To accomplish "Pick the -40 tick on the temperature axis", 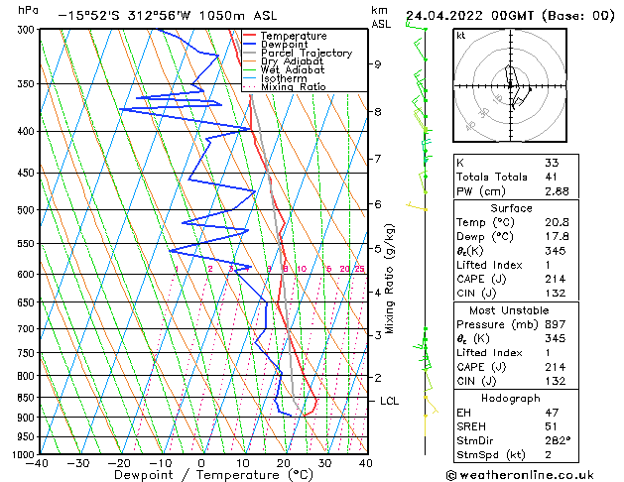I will click(x=39, y=464).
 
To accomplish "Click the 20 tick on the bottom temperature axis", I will click(x=283, y=464).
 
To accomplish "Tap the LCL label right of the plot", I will click(x=390, y=401).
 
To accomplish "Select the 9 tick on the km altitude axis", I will click(x=378, y=64).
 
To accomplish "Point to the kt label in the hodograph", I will click(x=460, y=36).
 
